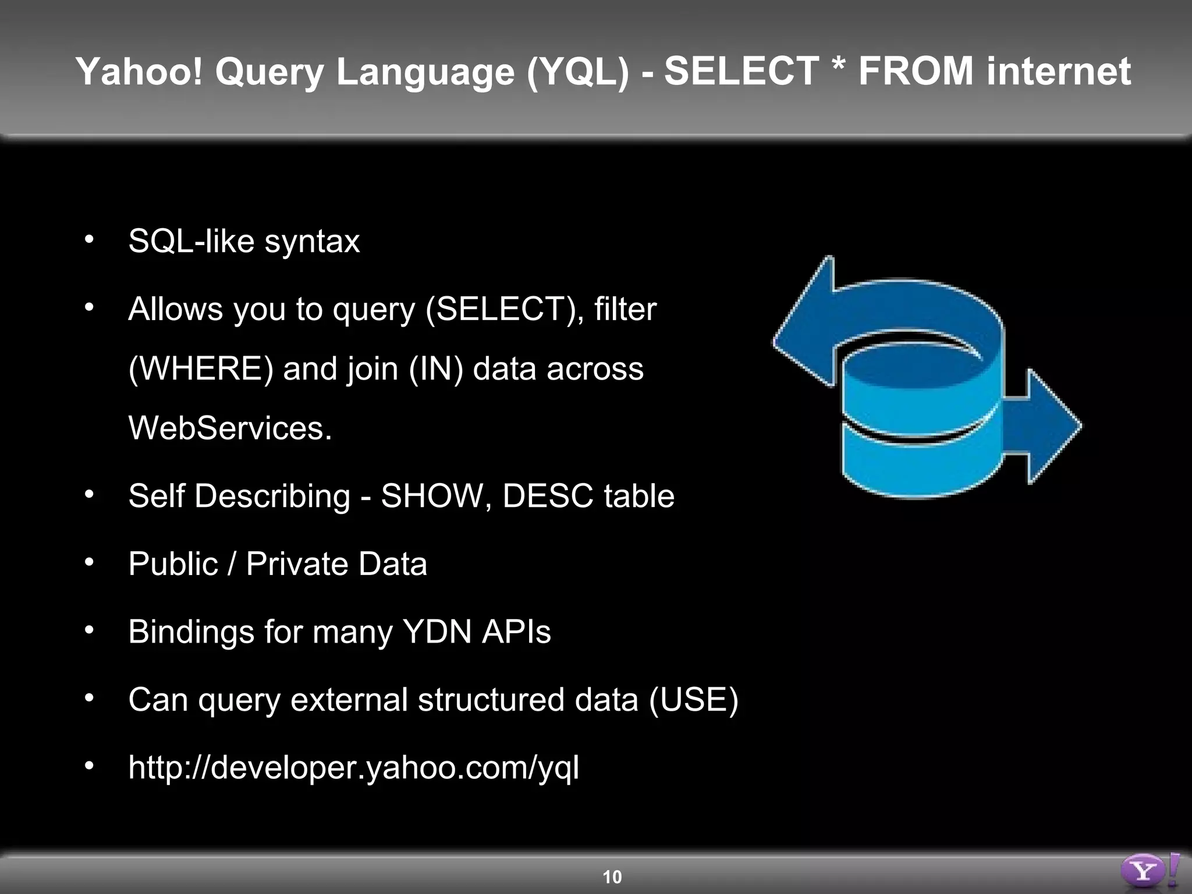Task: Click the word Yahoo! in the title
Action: [x=139, y=72]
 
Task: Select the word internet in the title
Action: [x=1059, y=72]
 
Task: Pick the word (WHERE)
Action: [x=200, y=369]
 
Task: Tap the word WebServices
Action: [x=230, y=428]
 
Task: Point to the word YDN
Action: [x=437, y=632]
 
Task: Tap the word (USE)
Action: [x=694, y=700]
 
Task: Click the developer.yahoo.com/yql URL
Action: [x=353, y=768]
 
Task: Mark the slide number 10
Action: [x=612, y=877]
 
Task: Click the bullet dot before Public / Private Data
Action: [x=89, y=562]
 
